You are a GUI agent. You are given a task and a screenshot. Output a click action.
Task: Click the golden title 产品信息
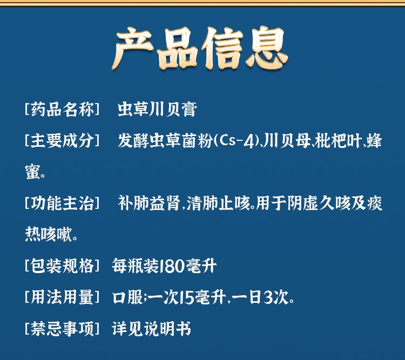200,48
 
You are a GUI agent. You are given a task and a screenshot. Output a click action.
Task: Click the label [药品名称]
62,109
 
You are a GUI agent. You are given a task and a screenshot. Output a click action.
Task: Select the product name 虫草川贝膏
157,109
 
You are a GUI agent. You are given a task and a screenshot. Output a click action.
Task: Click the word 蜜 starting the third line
32,172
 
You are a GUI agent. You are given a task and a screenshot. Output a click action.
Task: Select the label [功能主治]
62,203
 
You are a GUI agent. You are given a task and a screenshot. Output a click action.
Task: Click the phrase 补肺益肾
149,203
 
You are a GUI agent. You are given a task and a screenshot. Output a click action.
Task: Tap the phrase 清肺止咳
218,203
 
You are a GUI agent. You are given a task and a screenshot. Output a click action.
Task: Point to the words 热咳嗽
48,234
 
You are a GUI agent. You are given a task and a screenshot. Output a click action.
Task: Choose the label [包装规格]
62,266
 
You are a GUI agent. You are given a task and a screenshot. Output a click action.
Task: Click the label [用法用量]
62,297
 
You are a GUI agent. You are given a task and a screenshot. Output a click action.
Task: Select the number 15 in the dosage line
186,297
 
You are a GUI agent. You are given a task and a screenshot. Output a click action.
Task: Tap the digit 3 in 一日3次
268,297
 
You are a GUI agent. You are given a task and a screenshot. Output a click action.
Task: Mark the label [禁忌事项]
62,329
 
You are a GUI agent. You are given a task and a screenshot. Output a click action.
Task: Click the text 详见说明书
151,329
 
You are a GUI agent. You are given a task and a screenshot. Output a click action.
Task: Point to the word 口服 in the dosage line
127,297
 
